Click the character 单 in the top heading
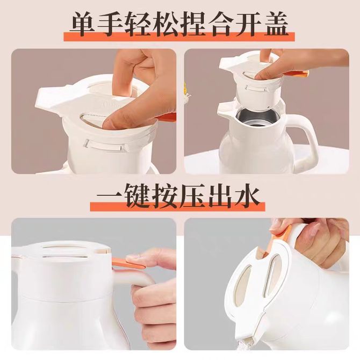tap(83, 24)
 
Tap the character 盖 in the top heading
tap(276, 24)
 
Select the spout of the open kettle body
tap(226, 108)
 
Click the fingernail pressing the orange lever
tap(133, 257)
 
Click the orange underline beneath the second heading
tap(177, 206)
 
